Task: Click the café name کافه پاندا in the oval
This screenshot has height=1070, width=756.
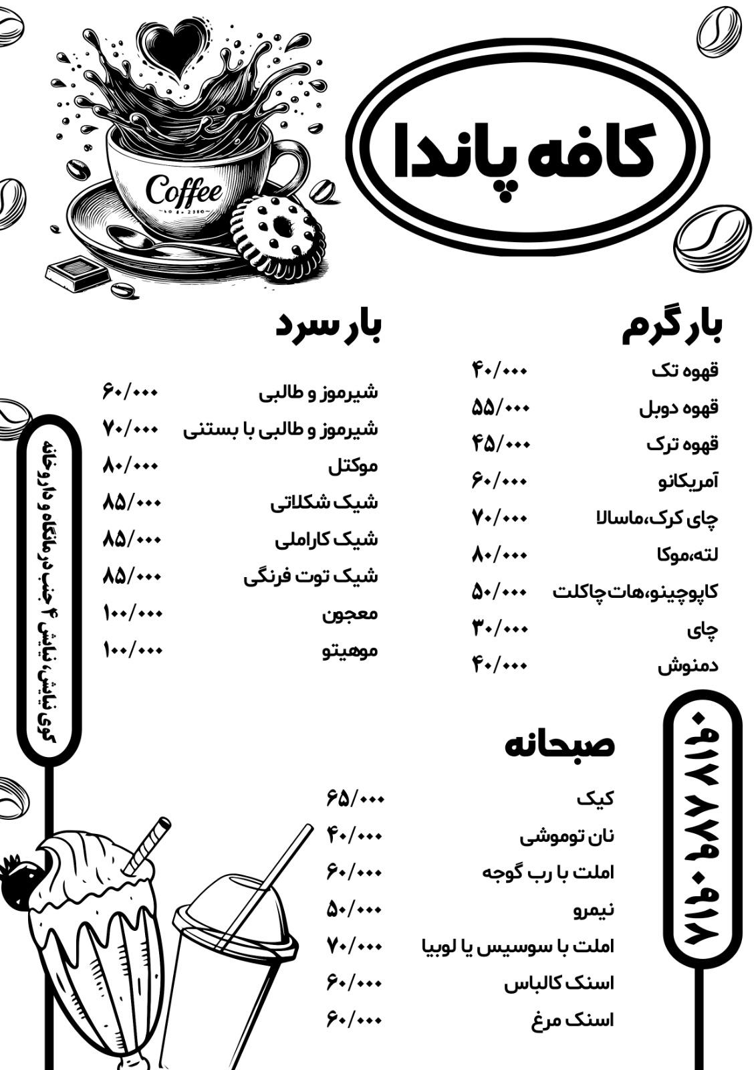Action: click(x=525, y=158)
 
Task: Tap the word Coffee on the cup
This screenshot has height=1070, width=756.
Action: click(x=183, y=191)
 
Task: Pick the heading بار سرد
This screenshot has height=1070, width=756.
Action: click(x=328, y=328)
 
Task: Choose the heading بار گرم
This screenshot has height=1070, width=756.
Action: click(x=672, y=328)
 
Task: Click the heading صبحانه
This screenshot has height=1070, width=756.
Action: click(x=559, y=745)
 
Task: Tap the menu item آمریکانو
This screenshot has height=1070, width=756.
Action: click(x=688, y=481)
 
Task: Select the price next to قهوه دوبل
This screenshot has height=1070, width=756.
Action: click(x=501, y=407)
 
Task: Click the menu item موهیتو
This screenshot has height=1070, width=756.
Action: click(x=350, y=650)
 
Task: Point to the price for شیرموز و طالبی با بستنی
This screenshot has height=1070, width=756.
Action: click(x=131, y=428)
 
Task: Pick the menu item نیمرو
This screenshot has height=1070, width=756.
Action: click(x=594, y=909)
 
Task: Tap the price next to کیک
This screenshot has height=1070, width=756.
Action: click(x=355, y=798)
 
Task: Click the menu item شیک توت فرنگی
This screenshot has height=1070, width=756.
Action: click(x=310, y=576)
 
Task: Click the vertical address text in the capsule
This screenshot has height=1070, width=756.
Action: click(x=48, y=588)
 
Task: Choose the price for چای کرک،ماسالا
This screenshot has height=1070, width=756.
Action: click(x=500, y=518)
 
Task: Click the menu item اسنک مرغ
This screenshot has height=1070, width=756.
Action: click(x=572, y=1021)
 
